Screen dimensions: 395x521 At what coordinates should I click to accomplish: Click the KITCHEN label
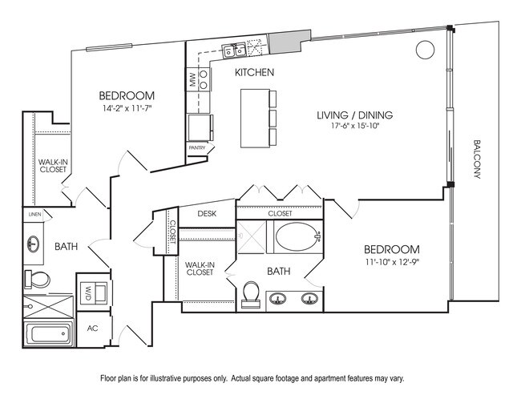254,73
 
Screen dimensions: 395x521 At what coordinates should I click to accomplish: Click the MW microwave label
193,80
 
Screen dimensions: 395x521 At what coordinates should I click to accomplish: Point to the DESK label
207,214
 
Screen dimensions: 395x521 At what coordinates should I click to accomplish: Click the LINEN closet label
34,215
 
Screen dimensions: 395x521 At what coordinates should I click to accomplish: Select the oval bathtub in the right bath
295,236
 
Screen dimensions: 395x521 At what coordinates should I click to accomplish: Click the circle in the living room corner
422,50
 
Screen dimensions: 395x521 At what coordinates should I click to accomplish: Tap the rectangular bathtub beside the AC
47,335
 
